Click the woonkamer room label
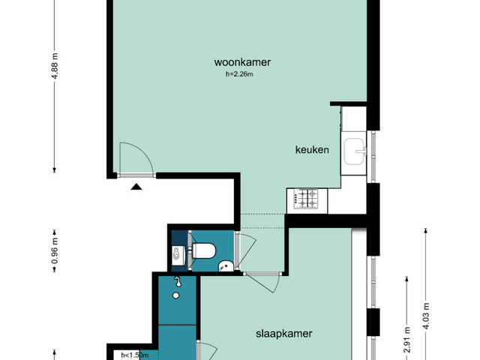coord(241,63)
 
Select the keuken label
coord(311,150)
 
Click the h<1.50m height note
coord(135,355)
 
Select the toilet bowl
coord(205,251)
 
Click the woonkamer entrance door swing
coord(136,159)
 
